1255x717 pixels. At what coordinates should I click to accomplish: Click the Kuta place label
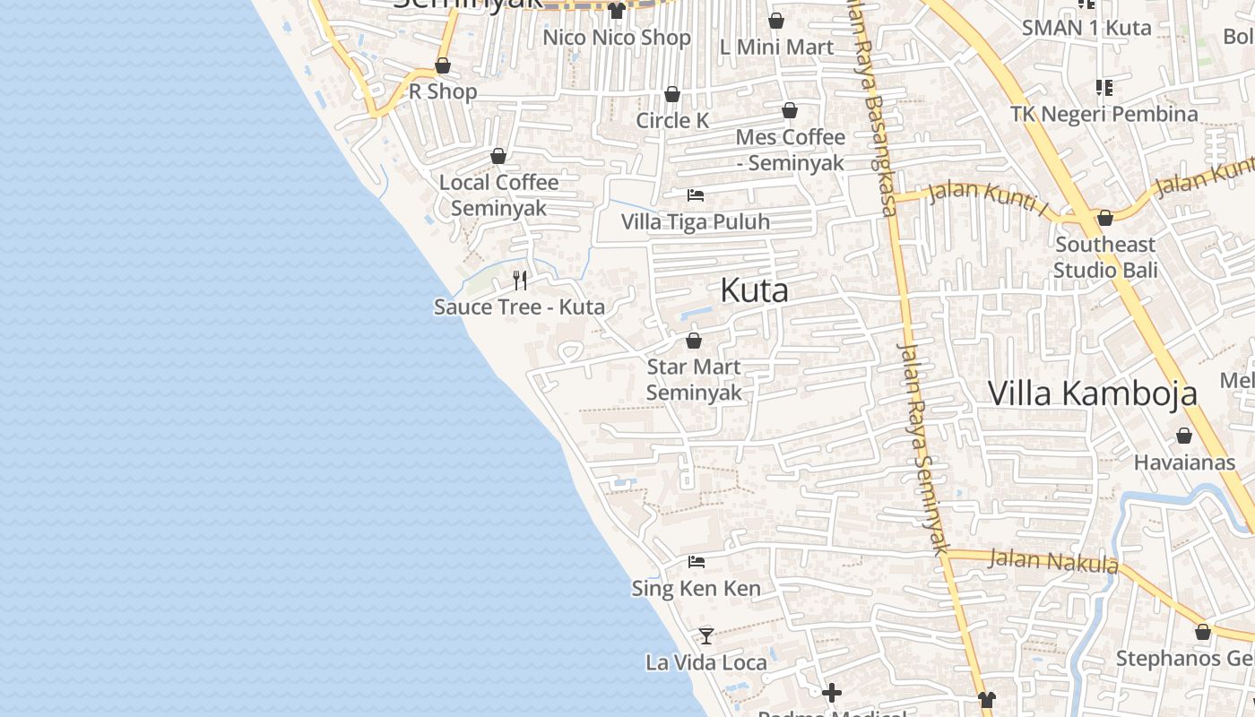[x=754, y=290]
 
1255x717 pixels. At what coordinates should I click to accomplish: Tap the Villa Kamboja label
[x=1092, y=393]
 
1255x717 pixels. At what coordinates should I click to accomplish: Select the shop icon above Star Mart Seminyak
[x=693, y=341]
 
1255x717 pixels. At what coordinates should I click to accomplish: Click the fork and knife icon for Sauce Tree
[x=520, y=281]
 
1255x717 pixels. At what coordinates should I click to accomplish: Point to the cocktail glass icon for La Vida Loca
[x=706, y=635]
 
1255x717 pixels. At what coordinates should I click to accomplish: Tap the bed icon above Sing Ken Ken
[x=697, y=562]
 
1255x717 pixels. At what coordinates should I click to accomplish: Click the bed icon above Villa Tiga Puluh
[x=696, y=195]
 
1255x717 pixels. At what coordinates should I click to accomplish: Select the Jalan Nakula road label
[x=1053, y=561]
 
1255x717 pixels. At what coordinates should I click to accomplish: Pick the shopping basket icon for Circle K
[x=672, y=94]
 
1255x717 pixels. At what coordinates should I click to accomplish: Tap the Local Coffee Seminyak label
[x=498, y=195]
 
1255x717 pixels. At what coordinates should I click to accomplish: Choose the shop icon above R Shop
[x=443, y=65]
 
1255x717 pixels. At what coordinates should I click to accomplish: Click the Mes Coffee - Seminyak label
[x=790, y=150]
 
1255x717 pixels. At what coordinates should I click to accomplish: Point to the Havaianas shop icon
[x=1184, y=436]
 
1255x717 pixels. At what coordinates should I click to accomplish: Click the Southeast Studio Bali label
[x=1105, y=257]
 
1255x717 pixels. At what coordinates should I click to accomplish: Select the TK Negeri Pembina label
[x=1104, y=114]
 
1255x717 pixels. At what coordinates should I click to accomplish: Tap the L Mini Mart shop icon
[x=776, y=21]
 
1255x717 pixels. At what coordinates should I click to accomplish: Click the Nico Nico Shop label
[x=617, y=38]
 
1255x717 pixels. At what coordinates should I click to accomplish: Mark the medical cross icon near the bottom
[x=832, y=693]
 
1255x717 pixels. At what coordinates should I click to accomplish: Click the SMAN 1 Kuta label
[x=1086, y=28]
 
